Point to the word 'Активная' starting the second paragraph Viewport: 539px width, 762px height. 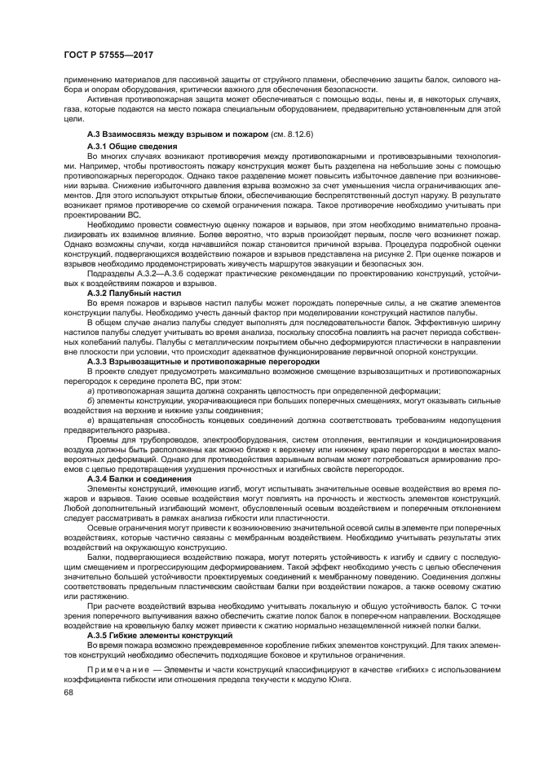(104, 98)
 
